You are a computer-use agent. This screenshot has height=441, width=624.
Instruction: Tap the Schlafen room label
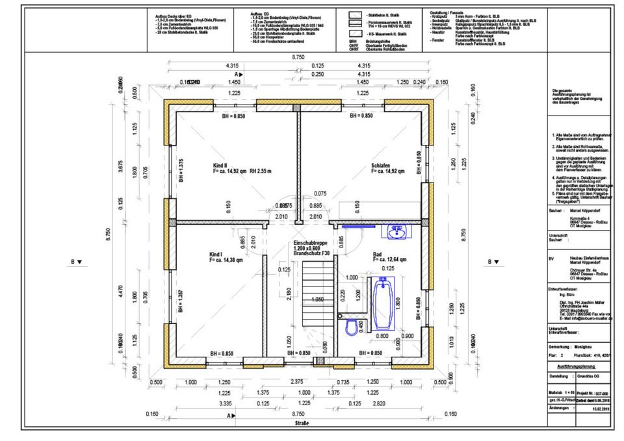click(x=381, y=166)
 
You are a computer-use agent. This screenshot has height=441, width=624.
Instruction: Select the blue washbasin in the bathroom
click(x=396, y=232)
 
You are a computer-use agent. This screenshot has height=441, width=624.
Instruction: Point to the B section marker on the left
click(x=75, y=262)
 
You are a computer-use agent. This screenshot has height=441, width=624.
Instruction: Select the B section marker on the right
click(x=493, y=262)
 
